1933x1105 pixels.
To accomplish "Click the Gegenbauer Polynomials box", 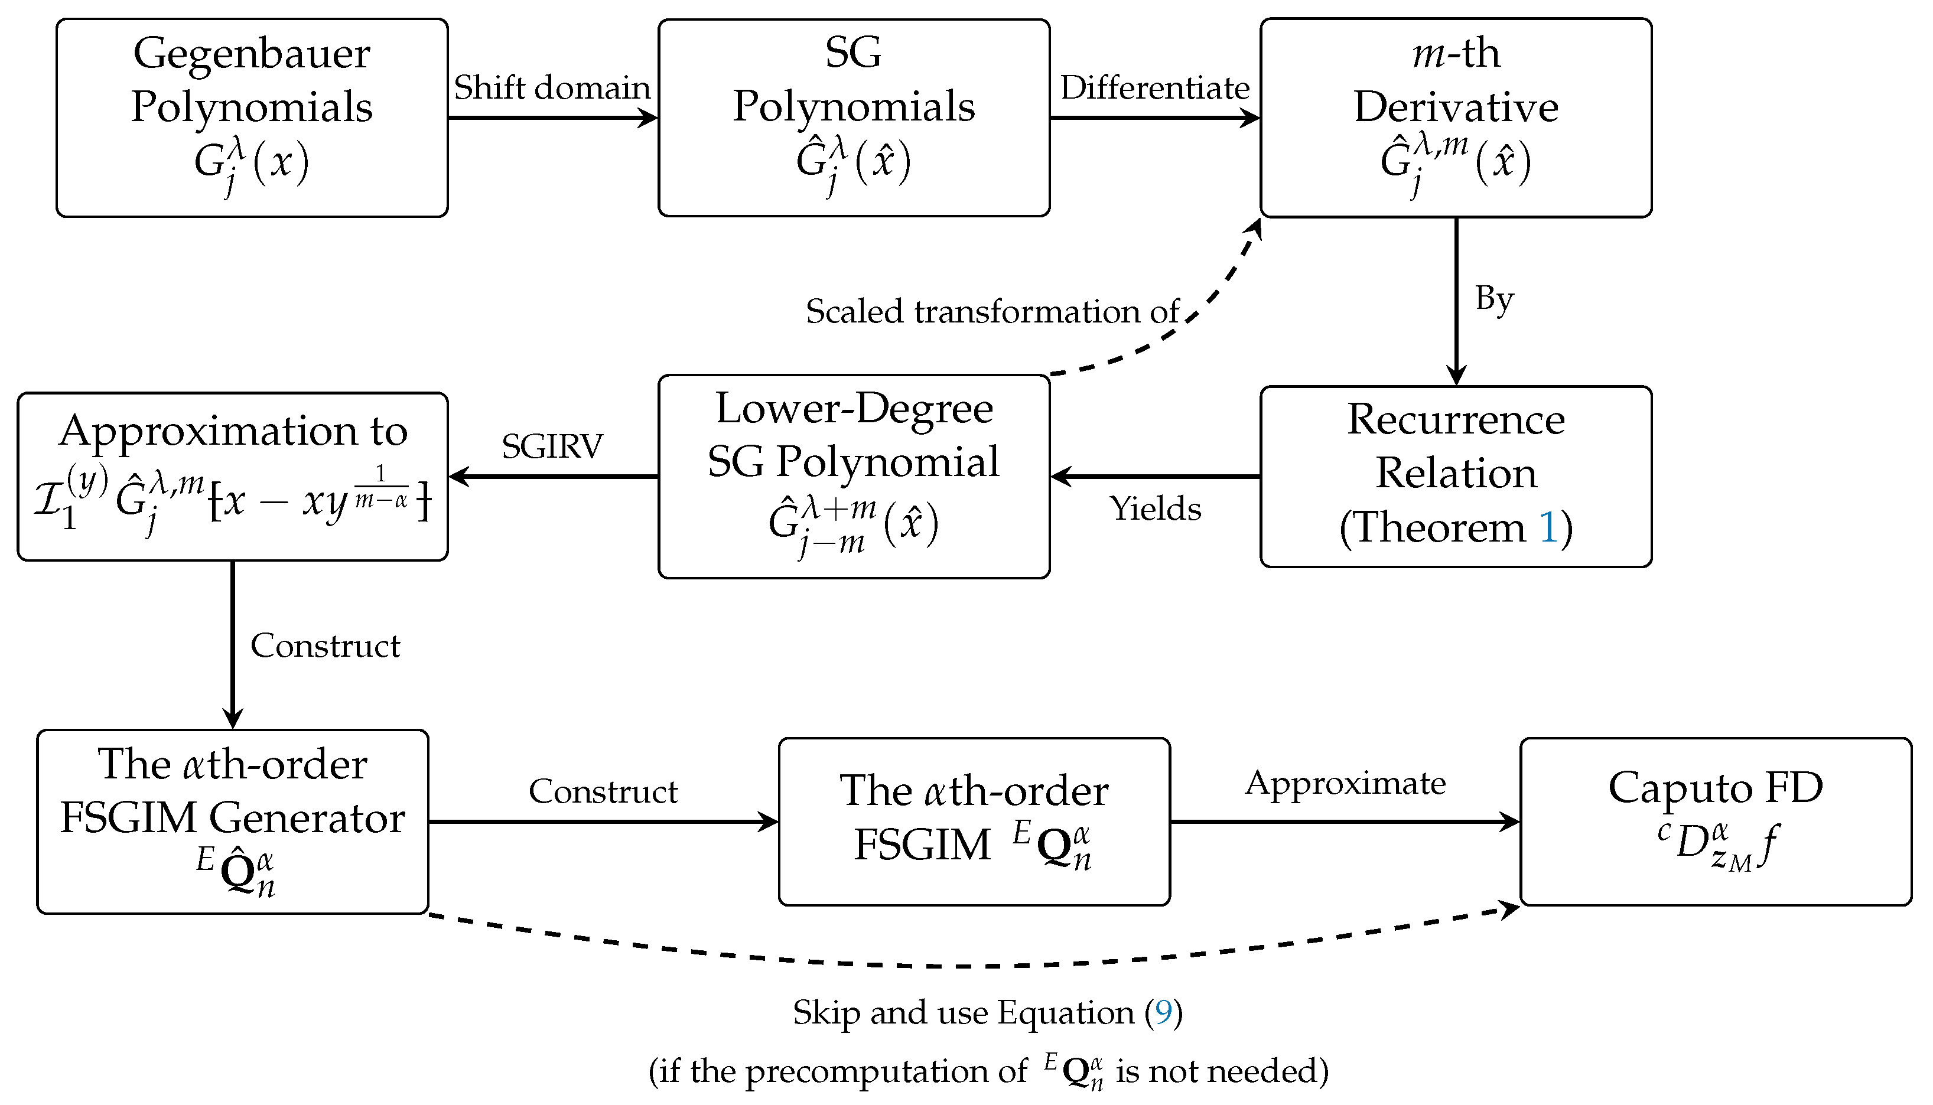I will pyautogui.click(x=252, y=118).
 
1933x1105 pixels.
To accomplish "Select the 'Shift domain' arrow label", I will pyautogui.click(x=552, y=88).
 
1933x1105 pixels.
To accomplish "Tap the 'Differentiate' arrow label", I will pyautogui.click(x=1154, y=88).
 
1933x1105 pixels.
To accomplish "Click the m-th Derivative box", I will pyautogui.click(x=1455, y=118).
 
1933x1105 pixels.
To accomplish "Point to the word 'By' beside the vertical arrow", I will pyautogui.click(x=1493, y=299).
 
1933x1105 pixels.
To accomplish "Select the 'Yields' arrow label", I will pyautogui.click(x=1155, y=509).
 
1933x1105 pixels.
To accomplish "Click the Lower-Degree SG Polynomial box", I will pyautogui.click(x=853, y=477).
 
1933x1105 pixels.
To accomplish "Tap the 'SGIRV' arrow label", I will pyautogui.click(x=552, y=446).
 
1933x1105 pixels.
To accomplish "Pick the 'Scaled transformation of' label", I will pyautogui.click(x=992, y=312).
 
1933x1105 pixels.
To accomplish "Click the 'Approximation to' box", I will pyautogui.click(x=233, y=477).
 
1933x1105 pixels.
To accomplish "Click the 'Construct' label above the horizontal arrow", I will pyautogui.click(x=603, y=791).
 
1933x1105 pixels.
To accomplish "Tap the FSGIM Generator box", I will pyautogui.click(x=233, y=821).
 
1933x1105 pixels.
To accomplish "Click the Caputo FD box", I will pyautogui.click(x=1715, y=821).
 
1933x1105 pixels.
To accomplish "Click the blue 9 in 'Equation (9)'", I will pyautogui.click(x=1163, y=1012).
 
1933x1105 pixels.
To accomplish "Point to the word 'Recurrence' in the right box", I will pyautogui.click(x=1455, y=420).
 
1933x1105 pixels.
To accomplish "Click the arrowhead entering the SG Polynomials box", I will pyautogui.click(x=649, y=118).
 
